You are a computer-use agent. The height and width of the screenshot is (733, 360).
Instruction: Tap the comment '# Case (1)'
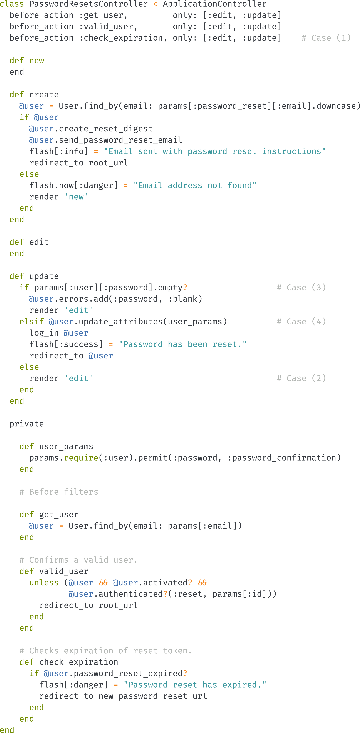point(326,38)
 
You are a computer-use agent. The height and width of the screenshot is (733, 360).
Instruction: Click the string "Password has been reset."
point(182,344)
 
